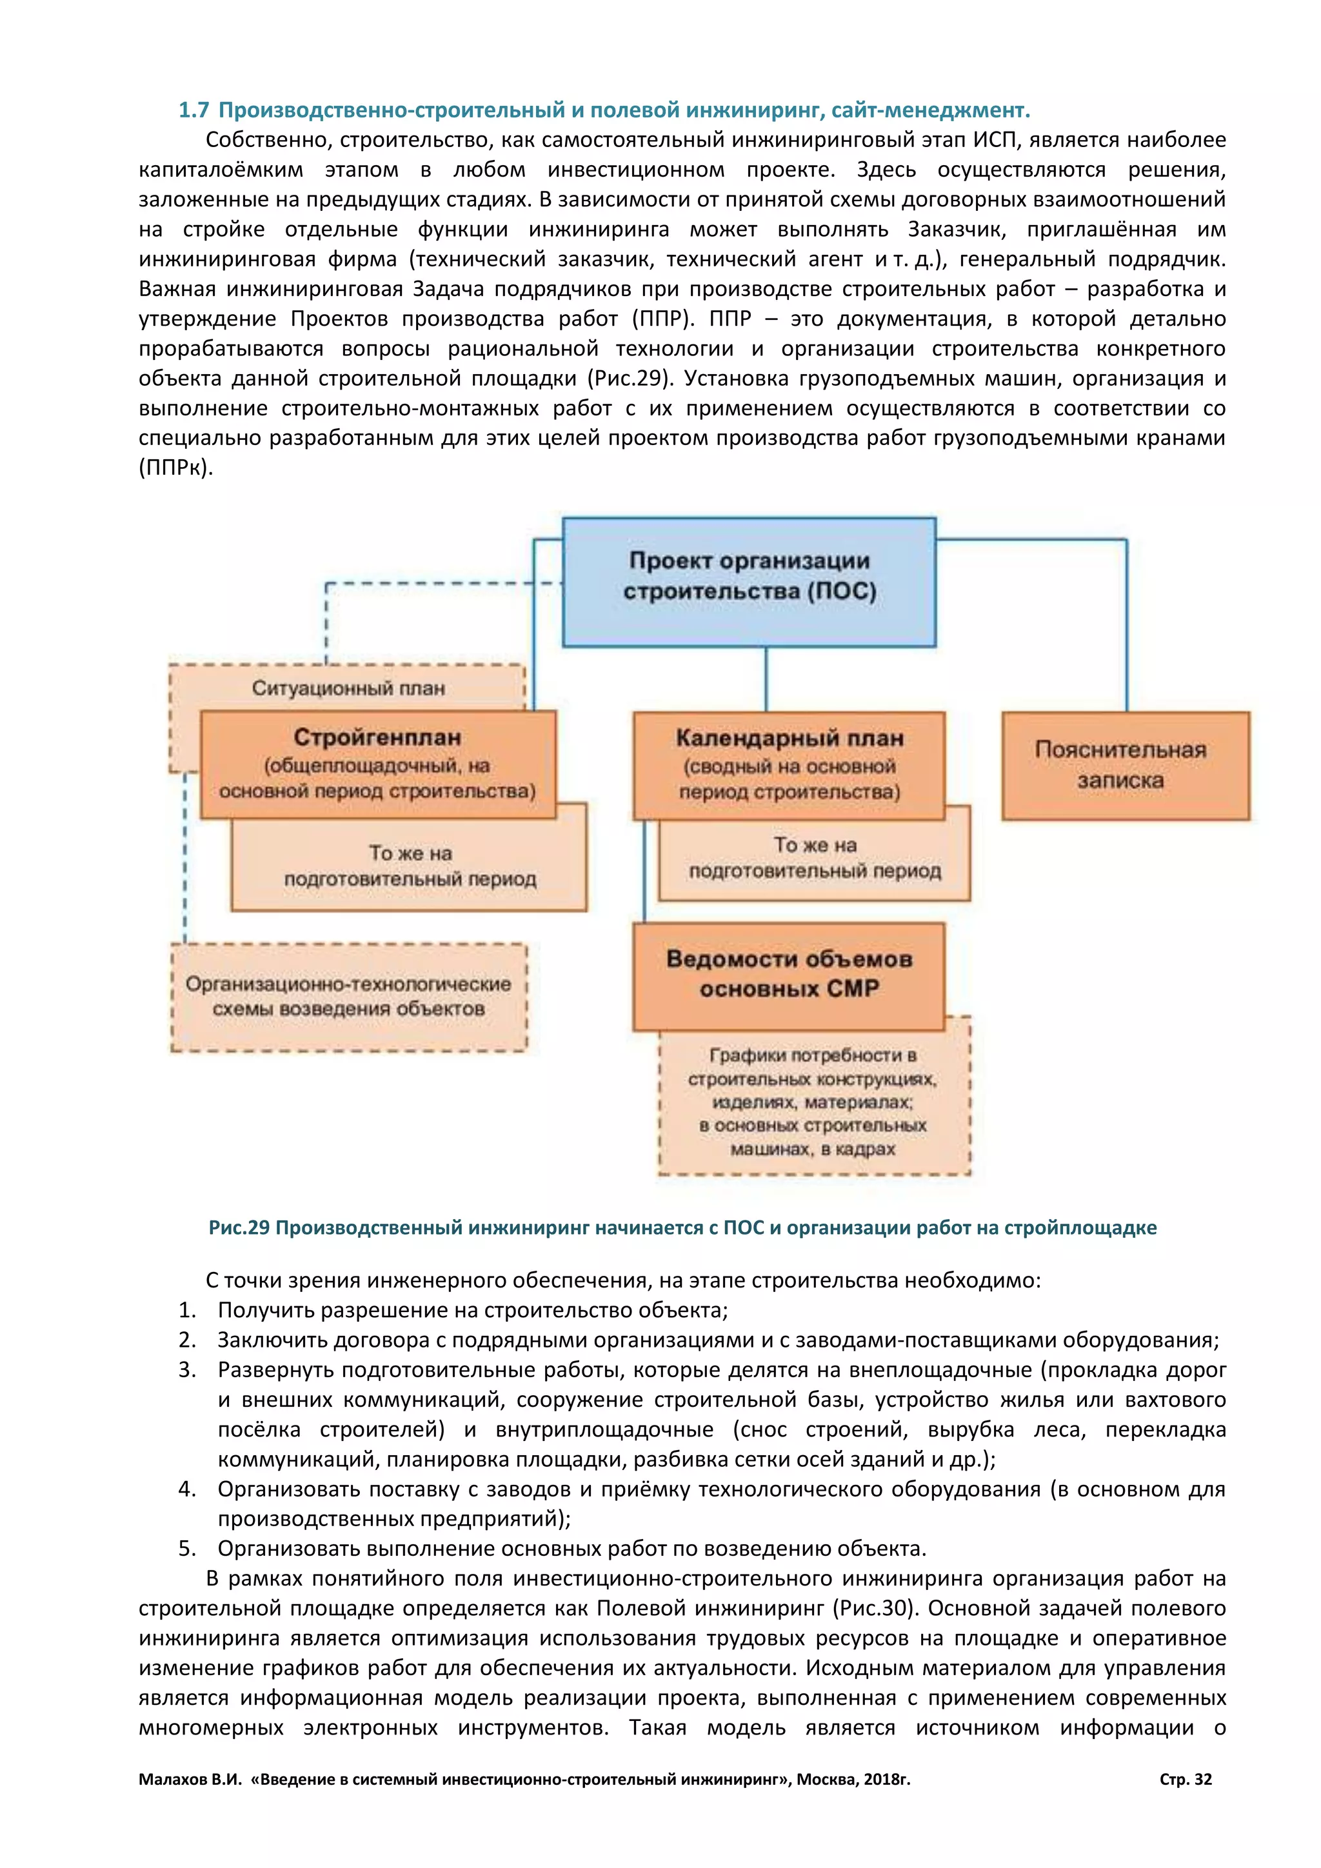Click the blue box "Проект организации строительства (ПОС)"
pos(748,582)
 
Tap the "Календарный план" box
pos(789,765)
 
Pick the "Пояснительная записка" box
pos(1125,765)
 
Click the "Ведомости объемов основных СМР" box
pos(789,975)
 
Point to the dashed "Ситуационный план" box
pos(348,688)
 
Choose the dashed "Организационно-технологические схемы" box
pos(348,997)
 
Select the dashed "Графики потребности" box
pos(813,1102)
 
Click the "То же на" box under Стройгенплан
pos(409,866)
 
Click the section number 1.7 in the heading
pos(194,110)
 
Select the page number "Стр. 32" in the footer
pos(1185,1780)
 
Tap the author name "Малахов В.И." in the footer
pos(190,1780)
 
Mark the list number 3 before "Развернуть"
pos(187,1370)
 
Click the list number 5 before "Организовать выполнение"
pos(187,1549)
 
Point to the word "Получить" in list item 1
pos(265,1311)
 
